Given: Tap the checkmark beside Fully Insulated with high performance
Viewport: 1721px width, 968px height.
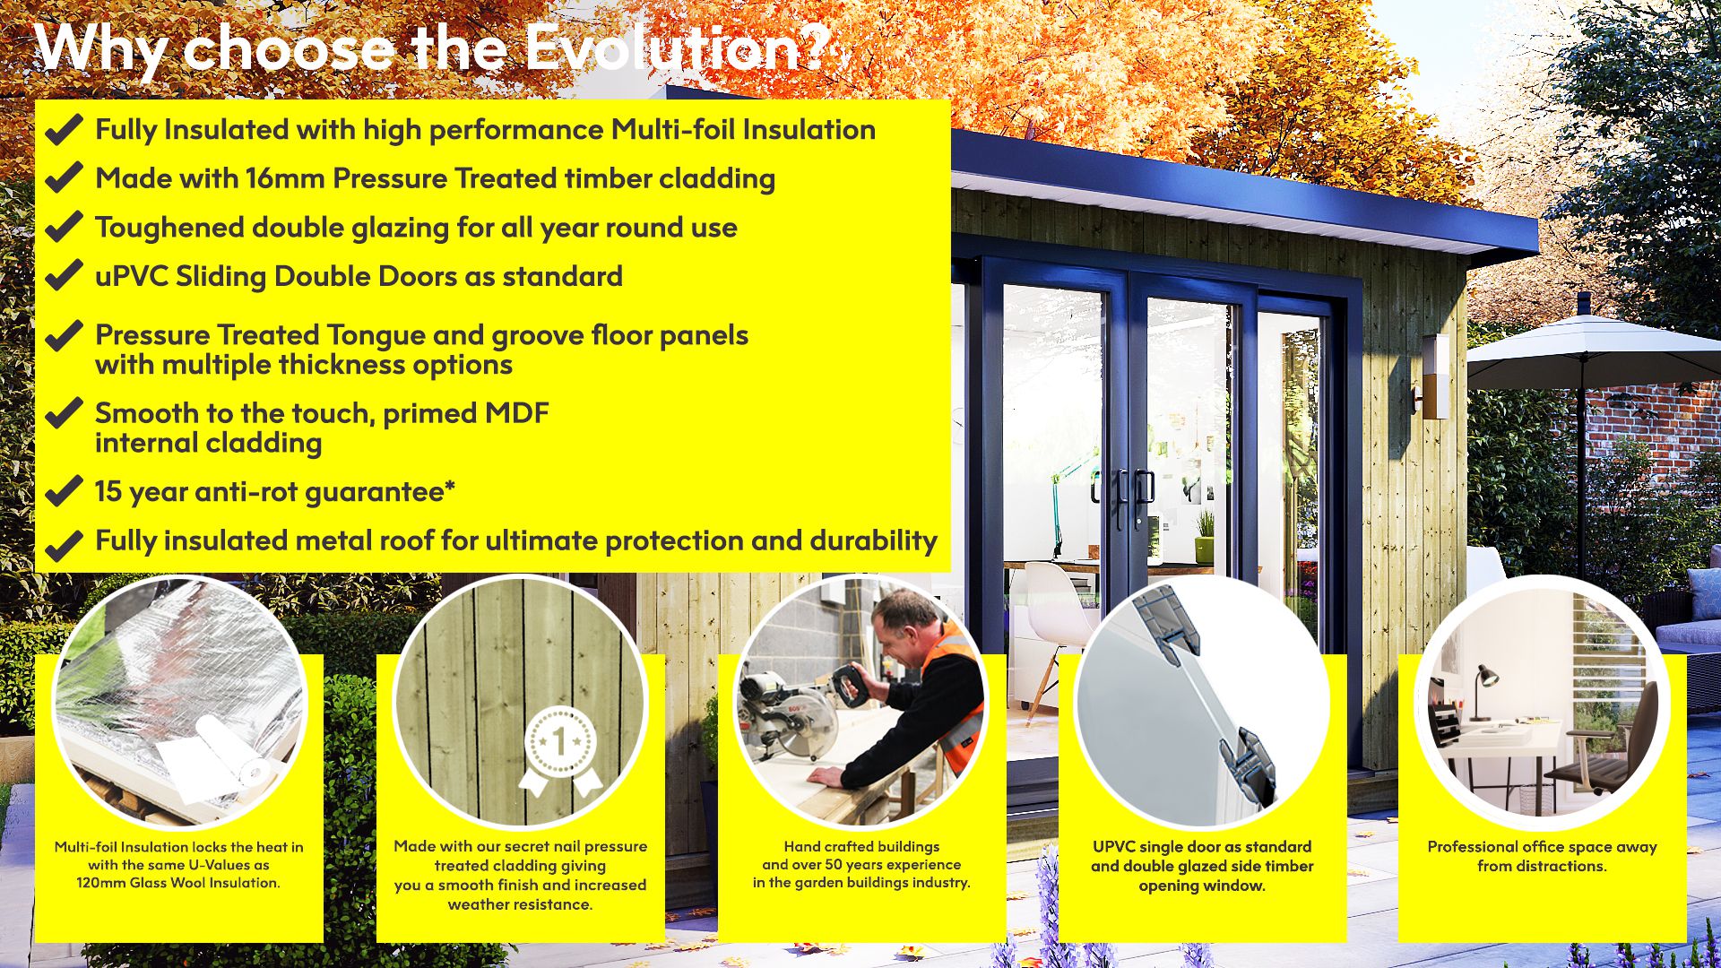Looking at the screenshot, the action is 64,130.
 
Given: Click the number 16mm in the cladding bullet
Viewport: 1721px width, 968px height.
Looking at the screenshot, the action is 285,178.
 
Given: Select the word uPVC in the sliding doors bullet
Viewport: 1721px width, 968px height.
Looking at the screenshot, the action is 132,276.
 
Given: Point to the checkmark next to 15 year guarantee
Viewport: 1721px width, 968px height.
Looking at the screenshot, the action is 64,492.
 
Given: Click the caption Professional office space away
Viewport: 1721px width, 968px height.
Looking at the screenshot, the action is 1542,846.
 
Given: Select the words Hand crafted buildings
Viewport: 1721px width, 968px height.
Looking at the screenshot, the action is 861,846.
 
